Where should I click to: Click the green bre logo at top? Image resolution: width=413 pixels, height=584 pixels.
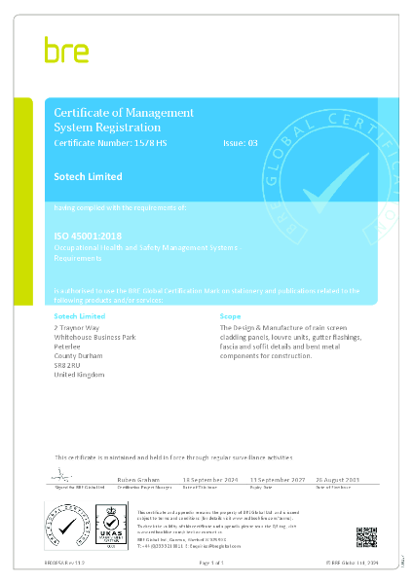pos(65,50)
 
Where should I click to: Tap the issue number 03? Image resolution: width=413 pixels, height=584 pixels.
pos(252,143)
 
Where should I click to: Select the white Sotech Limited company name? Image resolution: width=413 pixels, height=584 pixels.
pos(88,177)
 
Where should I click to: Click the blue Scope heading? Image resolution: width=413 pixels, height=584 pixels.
pos(230,317)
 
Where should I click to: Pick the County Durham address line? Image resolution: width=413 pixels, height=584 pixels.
pos(78,356)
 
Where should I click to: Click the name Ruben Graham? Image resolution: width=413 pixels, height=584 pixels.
pos(133,480)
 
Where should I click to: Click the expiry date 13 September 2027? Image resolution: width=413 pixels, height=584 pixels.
pos(279,480)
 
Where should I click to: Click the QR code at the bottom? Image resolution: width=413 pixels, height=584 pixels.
pos(366,536)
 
